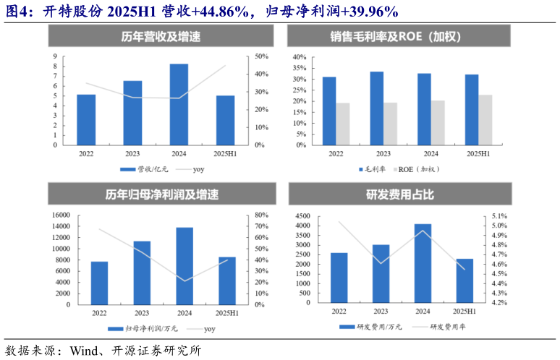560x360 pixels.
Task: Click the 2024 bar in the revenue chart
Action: (x=179, y=104)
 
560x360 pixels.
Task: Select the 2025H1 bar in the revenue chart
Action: (x=225, y=120)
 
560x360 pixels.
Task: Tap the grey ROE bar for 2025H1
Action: (x=485, y=119)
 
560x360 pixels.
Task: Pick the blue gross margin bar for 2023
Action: (x=377, y=108)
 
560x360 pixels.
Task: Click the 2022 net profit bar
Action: (x=99, y=283)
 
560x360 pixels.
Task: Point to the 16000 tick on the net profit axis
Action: (x=59, y=215)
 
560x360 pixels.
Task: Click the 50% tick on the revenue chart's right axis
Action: (x=261, y=56)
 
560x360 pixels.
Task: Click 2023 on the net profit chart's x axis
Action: (x=143, y=313)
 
